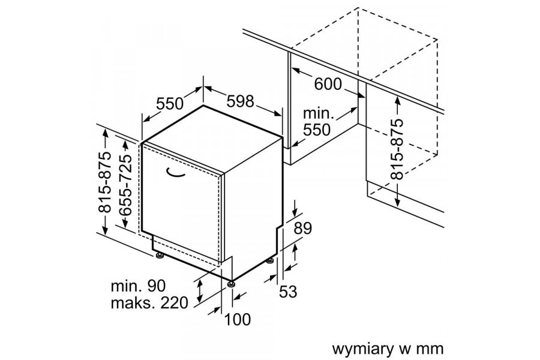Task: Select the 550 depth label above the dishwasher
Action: tap(169, 103)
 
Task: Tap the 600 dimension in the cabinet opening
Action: tap(328, 85)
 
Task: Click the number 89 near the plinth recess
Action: tap(304, 229)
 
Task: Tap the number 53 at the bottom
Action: tap(288, 292)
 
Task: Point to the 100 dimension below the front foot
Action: tap(238, 320)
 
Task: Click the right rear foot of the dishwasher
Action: tap(271, 262)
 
